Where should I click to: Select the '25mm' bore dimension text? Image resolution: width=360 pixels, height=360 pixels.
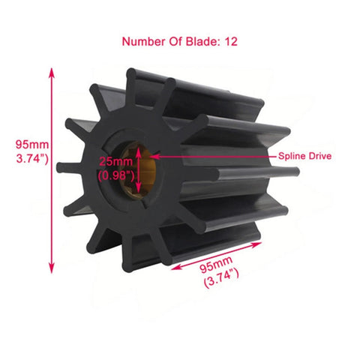[x=115, y=162]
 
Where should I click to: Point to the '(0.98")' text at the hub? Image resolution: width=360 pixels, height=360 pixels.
[x=115, y=175]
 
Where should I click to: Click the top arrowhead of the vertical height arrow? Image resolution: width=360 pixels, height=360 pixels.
[x=52, y=71]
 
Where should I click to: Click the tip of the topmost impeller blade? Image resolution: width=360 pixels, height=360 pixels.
[x=133, y=73]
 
